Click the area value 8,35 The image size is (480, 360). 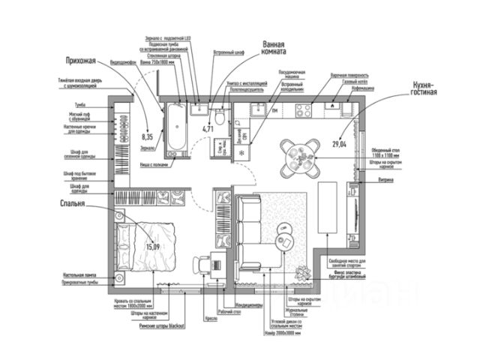pos(147,137)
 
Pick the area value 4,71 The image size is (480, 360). pos(208,129)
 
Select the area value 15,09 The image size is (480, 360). pos(153,246)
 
